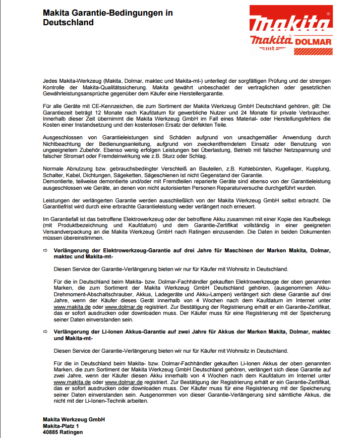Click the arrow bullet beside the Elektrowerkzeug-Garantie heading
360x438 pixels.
pos(45,250)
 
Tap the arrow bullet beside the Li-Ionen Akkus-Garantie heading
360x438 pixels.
pos(45,331)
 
